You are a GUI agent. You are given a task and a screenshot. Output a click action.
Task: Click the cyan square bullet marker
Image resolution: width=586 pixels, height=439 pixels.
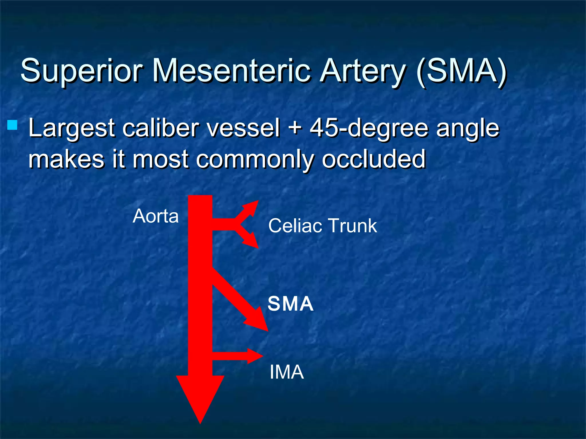[12, 125]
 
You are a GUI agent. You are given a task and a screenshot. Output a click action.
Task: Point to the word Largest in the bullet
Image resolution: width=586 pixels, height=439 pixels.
[72, 128]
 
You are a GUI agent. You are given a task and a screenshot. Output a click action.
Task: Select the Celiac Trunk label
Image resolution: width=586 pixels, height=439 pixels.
[322, 226]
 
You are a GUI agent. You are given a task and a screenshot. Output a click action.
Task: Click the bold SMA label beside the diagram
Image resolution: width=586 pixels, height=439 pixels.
[290, 304]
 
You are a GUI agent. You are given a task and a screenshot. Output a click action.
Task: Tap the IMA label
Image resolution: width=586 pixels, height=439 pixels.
[286, 372]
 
